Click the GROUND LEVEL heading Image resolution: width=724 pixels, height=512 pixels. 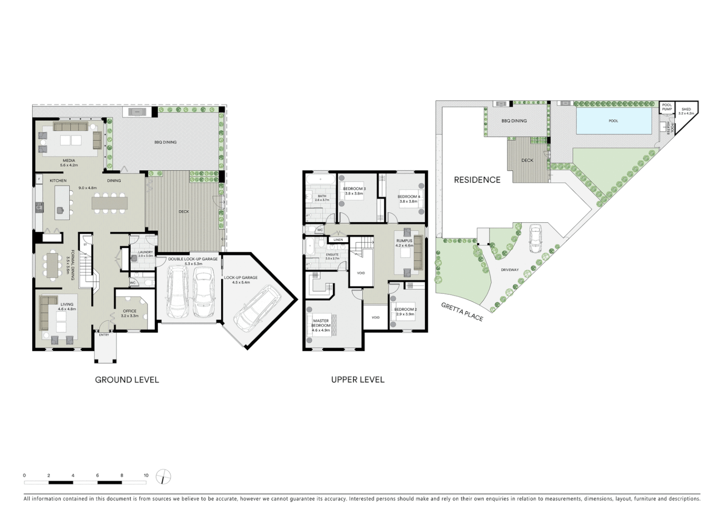(127, 380)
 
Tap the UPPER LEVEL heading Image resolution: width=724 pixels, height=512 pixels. (358, 380)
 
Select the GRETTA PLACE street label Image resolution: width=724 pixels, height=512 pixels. (462, 312)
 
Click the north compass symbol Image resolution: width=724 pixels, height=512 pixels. (163, 477)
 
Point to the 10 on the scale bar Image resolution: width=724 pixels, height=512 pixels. (146, 475)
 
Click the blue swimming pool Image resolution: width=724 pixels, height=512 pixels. (613, 121)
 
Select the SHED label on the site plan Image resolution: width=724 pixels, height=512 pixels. (686, 110)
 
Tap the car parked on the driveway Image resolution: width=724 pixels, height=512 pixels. (535, 238)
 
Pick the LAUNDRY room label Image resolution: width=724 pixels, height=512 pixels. (145, 252)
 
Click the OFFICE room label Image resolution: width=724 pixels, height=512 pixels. (129, 311)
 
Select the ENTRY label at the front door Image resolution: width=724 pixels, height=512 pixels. (104, 335)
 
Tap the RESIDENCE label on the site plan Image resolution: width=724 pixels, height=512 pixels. (477, 180)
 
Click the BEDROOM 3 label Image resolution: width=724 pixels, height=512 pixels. (354, 189)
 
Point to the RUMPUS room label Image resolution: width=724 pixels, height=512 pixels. (404, 241)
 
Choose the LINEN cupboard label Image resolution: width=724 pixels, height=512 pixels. (338, 240)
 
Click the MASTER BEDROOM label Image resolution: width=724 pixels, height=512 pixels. (321, 323)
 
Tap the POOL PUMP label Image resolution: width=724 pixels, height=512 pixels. (667, 107)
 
